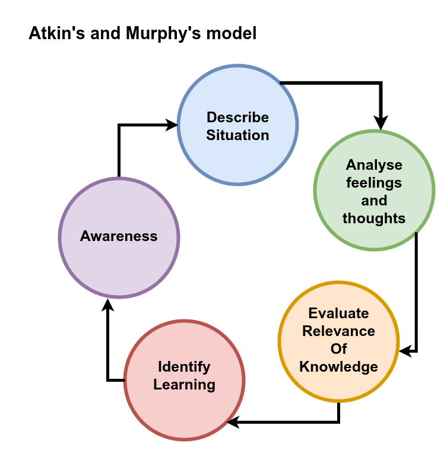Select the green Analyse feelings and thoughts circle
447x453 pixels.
pos(374,148)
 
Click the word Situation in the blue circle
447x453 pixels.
pos(237,135)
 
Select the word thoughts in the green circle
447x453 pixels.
pos(374,218)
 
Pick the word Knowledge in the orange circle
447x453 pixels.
pos(338,366)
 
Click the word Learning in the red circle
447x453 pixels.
pos(184,384)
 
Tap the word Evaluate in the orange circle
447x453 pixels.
pos(338,313)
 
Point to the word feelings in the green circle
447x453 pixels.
pos(374,182)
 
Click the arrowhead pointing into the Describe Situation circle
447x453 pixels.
pos(172,125)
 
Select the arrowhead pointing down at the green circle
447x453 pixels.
pos(381,123)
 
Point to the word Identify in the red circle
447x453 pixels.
pos(184,366)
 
